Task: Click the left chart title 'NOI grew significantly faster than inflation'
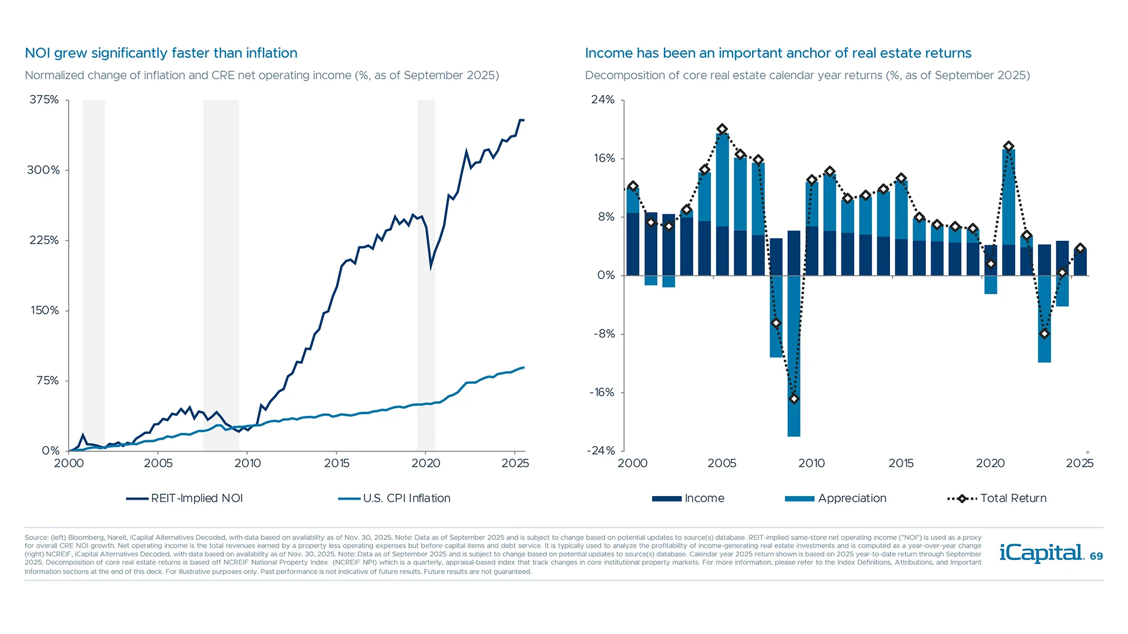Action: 161,53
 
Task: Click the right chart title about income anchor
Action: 778,53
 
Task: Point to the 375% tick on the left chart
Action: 45,100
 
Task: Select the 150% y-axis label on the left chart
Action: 45,311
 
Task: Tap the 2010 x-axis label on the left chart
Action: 247,463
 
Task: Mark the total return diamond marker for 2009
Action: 794,399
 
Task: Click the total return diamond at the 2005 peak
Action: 722,129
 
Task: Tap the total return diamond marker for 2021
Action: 1009,146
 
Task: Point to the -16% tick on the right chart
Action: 602,393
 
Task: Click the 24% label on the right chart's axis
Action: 603,100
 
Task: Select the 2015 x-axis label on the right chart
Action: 901,463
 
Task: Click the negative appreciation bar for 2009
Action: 794,358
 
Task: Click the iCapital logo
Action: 1041,554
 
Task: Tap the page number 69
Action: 1096,557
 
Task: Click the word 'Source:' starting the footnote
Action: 36,537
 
